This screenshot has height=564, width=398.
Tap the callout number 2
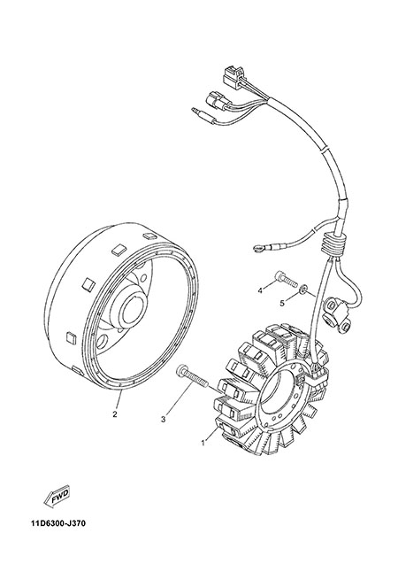pos(115,414)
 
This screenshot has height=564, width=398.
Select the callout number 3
pos(164,419)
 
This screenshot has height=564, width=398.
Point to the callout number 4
pos(260,289)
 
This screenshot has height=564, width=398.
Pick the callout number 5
pos(282,304)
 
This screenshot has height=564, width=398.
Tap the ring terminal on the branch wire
pos(257,248)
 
